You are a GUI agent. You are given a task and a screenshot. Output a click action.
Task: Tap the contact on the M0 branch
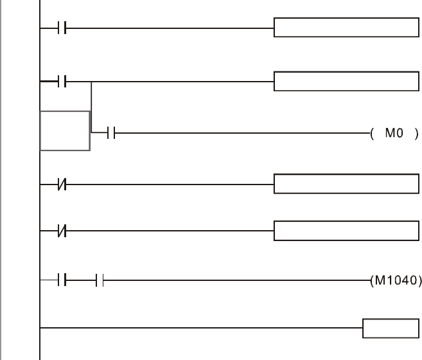[x=111, y=134]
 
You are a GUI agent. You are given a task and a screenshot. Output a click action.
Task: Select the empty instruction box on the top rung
[x=346, y=28]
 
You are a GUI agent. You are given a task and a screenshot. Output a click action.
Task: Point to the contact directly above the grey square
[x=62, y=82]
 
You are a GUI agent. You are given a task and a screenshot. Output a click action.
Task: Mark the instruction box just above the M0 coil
[x=346, y=82]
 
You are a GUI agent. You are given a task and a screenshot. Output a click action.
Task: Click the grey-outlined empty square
[x=65, y=130]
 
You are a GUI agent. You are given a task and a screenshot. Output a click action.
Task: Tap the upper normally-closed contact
[x=62, y=184]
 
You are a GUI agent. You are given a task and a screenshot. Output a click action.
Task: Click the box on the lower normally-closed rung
[x=346, y=230]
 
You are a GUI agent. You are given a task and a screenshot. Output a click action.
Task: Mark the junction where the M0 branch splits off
[x=91, y=82]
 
